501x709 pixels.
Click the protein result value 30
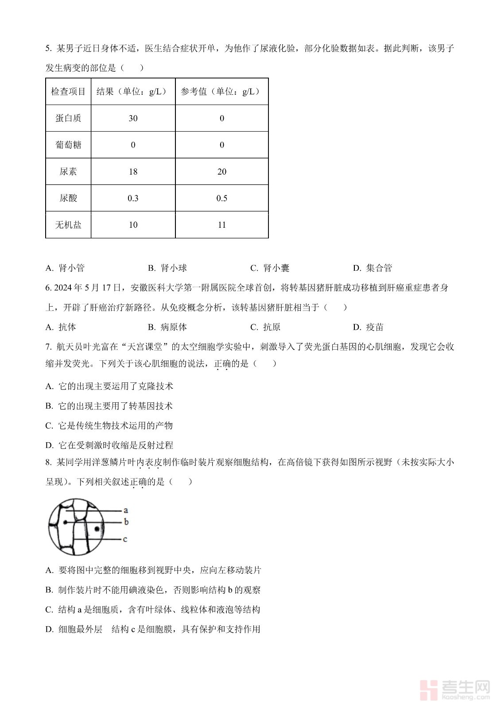(x=133, y=118)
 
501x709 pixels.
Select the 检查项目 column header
(x=68, y=92)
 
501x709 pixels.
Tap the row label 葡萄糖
(x=68, y=145)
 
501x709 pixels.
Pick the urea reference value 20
(x=222, y=171)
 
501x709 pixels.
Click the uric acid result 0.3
(x=133, y=198)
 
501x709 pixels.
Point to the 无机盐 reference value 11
(x=222, y=225)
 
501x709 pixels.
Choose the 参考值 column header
(x=221, y=92)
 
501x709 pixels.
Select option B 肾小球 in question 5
(x=167, y=268)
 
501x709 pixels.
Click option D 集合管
(x=373, y=268)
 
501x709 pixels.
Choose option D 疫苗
(x=368, y=327)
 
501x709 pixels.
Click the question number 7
(x=48, y=347)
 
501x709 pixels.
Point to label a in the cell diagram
(x=126, y=510)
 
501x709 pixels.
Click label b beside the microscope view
(x=126, y=522)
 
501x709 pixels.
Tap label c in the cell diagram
(x=125, y=539)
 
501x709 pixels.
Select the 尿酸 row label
(x=68, y=198)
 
